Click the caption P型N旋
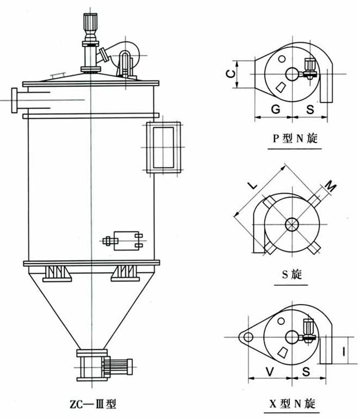[x=294, y=138]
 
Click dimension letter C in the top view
[x=230, y=73]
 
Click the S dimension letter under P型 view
[x=309, y=109]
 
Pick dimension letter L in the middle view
[x=253, y=185]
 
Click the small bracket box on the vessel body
[x=128, y=240]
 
